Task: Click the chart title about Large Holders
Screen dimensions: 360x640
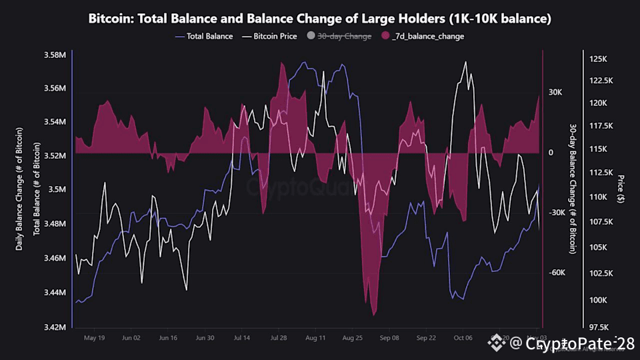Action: click(x=320, y=19)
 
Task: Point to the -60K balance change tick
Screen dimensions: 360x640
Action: click(x=557, y=273)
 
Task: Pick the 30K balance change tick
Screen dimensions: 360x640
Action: click(x=556, y=93)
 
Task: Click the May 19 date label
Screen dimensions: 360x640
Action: click(x=93, y=338)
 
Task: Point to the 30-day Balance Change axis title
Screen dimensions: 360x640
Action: click(x=573, y=189)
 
